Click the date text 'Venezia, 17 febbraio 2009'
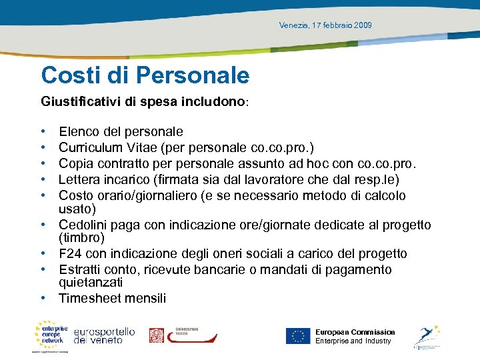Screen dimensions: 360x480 click(x=325, y=25)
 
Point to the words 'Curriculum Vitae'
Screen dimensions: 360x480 click(x=104, y=148)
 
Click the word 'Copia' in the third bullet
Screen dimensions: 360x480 click(x=75, y=164)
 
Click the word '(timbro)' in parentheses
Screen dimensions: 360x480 click(x=81, y=238)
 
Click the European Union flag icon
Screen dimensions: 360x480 click(x=298, y=336)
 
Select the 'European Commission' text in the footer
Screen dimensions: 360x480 click(x=355, y=332)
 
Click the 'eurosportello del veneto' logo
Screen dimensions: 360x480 click(x=104, y=335)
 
